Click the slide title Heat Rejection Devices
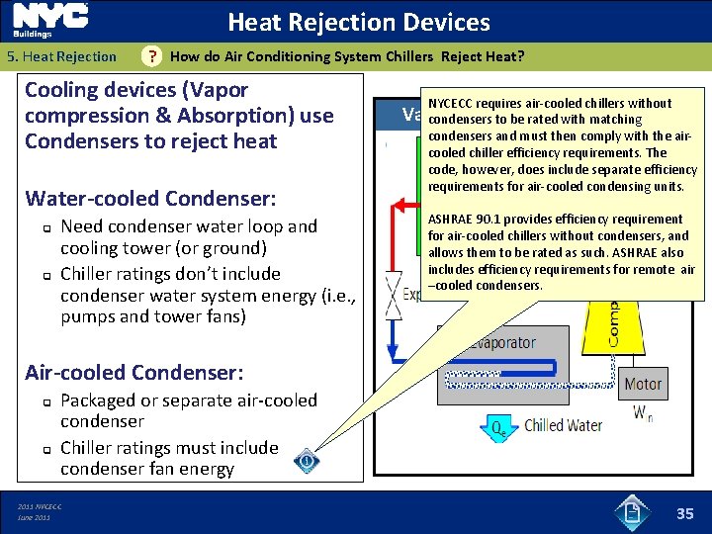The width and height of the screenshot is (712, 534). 359,22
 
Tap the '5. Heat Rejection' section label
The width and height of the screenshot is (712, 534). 62,56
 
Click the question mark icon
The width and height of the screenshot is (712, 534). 151,56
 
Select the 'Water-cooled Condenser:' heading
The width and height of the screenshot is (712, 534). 150,199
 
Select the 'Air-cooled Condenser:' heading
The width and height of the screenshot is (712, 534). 134,373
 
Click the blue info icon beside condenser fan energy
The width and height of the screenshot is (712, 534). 308,461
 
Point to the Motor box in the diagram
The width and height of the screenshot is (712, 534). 644,384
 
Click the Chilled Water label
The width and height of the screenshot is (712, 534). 564,426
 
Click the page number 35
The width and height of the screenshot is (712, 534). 684,512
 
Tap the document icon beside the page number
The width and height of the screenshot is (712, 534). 634,510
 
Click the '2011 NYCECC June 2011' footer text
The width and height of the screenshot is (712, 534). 40,511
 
